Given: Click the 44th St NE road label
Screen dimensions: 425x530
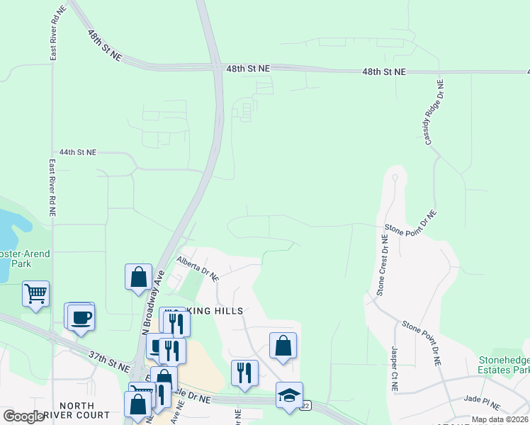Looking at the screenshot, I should [77, 152].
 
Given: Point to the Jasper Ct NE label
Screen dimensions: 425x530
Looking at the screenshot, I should [395, 368].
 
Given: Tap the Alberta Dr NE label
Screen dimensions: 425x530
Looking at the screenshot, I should [198, 268].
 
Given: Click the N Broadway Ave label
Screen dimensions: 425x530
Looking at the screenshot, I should [154, 302].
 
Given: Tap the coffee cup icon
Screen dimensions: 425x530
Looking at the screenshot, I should [80, 316].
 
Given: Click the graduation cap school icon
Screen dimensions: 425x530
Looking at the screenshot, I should [289, 395].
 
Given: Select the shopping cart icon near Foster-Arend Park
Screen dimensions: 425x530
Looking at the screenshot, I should [35, 293].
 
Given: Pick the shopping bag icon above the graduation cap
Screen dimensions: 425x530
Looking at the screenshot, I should [283, 346].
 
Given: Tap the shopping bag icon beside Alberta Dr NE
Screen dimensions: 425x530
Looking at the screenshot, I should [138, 277].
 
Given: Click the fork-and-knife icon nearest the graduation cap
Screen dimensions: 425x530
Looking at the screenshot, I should [244, 373].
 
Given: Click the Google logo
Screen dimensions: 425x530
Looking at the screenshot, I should [23, 416].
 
